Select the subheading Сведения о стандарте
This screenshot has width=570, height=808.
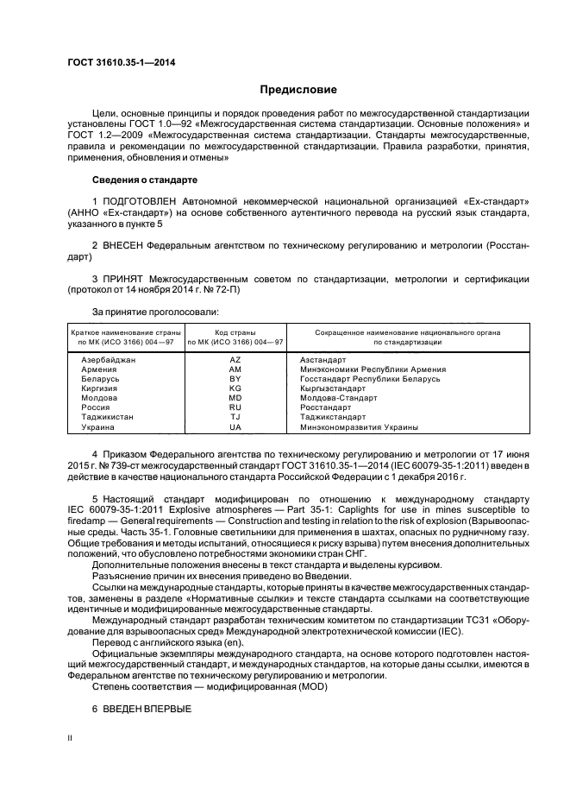click(x=144, y=180)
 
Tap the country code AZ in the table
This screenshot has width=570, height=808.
click(x=235, y=359)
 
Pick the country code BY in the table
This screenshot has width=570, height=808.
click(x=235, y=379)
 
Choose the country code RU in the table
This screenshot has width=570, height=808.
click(x=235, y=407)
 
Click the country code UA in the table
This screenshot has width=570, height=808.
click(x=235, y=427)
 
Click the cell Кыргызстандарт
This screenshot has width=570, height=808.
click(x=335, y=388)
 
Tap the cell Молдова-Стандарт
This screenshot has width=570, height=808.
click(x=338, y=398)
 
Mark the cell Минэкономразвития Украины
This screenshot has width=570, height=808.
click(x=359, y=427)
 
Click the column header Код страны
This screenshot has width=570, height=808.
click(x=235, y=331)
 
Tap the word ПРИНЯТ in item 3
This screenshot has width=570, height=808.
click(x=124, y=280)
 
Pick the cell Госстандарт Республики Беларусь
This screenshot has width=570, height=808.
click(x=370, y=379)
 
